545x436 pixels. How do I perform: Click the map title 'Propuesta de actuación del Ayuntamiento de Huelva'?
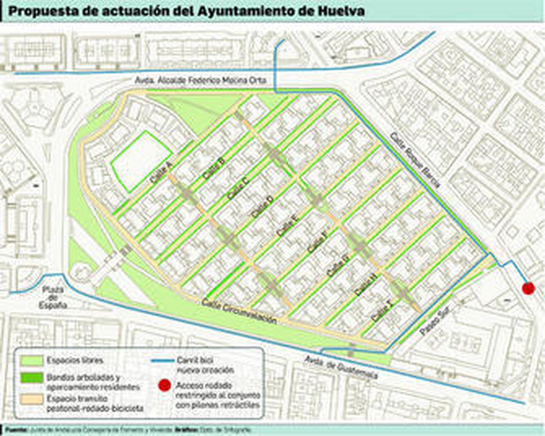tap(186, 11)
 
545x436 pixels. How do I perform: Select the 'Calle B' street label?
tap(214, 168)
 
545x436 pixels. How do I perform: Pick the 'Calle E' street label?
tap(288, 226)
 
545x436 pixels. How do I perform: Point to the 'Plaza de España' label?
tap(53, 297)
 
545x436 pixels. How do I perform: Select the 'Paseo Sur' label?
tap(435, 320)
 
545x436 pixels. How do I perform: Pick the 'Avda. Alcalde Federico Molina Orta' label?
tap(200, 81)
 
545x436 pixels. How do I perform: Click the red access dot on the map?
tap(528, 288)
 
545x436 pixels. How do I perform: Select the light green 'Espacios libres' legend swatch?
tap(32, 360)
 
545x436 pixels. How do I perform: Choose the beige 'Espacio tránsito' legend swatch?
tap(32, 399)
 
